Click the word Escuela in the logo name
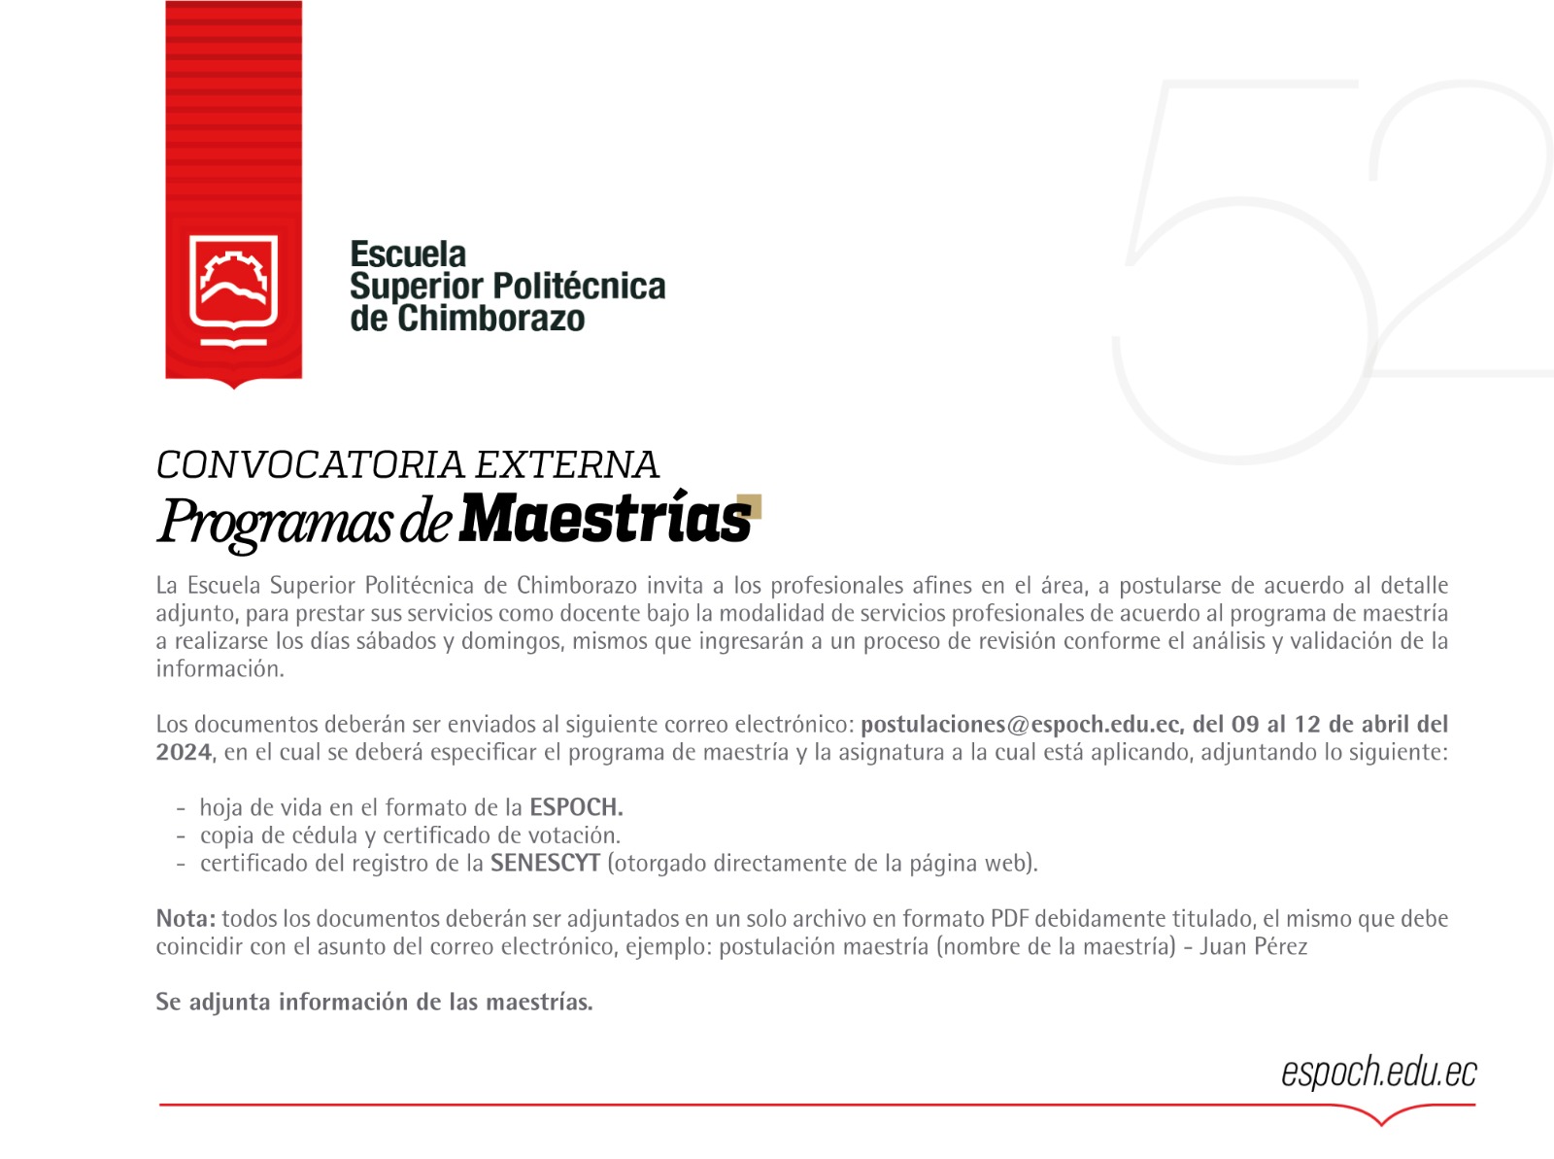408,255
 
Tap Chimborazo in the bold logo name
491,319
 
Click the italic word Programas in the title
275,521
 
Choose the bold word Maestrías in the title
604,519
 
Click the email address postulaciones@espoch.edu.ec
1020,725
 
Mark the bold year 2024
184,753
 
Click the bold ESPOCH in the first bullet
575,807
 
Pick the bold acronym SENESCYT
545,864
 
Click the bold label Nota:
186,919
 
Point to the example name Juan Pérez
1253,947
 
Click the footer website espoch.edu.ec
1378,1073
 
